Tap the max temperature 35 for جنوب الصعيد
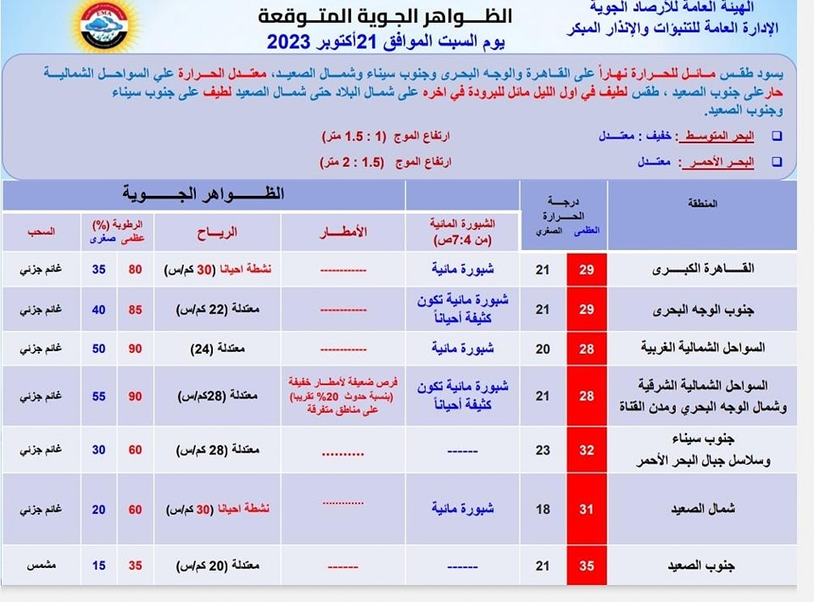[x=586, y=565]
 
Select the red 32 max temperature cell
[x=586, y=450]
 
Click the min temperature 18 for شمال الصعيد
[x=543, y=509]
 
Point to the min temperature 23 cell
[x=543, y=450]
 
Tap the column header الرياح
[x=217, y=231]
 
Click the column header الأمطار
[x=343, y=231]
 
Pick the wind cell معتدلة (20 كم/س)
[x=217, y=565]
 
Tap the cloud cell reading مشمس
[x=39, y=565]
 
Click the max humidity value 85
[x=136, y=309]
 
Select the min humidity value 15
[x=99, y=565]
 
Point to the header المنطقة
[x=700, y=203]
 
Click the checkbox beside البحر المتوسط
[x=777, y=137]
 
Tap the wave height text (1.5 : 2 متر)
[x=352, y=161]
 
